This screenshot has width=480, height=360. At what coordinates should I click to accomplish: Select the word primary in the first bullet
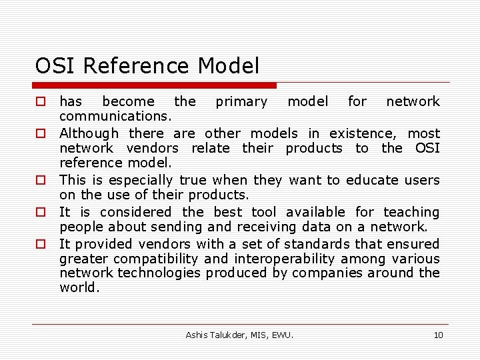[241, 102]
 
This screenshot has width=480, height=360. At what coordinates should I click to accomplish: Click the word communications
[116, 117]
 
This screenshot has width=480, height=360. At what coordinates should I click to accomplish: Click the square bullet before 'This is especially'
[41, 181]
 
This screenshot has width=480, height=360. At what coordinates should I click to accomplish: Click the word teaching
[411, 212]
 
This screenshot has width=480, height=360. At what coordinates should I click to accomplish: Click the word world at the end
[78, 287]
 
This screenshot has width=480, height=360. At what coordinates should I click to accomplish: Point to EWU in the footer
[282, 335]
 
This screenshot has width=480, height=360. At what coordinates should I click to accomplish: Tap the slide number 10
[438, 335]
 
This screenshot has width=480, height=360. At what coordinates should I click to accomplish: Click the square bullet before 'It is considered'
[41, 213]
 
